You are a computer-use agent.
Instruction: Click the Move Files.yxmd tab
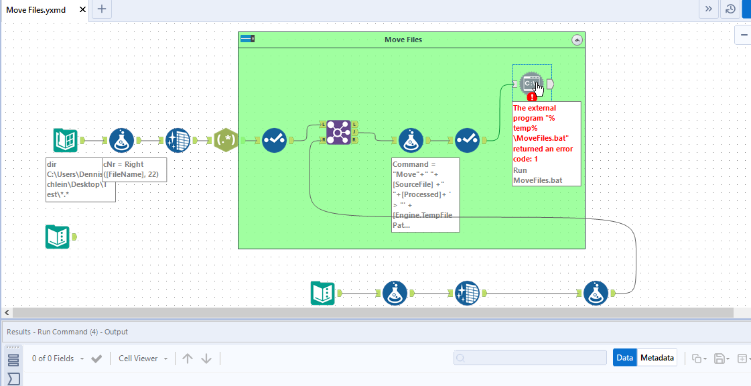coord(36,9)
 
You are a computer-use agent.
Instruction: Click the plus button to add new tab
coord(101,9)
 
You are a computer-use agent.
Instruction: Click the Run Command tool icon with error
coord(532,84)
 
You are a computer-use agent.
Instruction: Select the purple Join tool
coord(338,132)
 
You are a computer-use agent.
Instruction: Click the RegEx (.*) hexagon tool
coord(226,140)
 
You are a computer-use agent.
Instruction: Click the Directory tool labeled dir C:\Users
coord(65,140)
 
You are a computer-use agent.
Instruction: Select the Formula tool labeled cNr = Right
coord(121,140)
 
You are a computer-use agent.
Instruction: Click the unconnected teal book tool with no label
coord(57,237)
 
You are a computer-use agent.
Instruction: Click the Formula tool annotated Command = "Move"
coord(411,140)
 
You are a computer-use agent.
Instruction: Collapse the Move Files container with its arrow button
coord(577,40)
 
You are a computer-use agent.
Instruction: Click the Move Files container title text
coord(403,40)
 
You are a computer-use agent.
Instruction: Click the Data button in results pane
coord(624,358)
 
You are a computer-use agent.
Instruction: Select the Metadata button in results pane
coord(657,358)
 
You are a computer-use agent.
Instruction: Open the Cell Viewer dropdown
coord(143,359)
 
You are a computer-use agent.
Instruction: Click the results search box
coord(529,358)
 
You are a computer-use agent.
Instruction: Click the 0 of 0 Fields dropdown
coord(58,359)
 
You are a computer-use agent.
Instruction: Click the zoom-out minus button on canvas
coord(744,35)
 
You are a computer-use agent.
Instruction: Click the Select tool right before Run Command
coord(468,140)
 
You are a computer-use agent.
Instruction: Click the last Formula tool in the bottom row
coord(596,293)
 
